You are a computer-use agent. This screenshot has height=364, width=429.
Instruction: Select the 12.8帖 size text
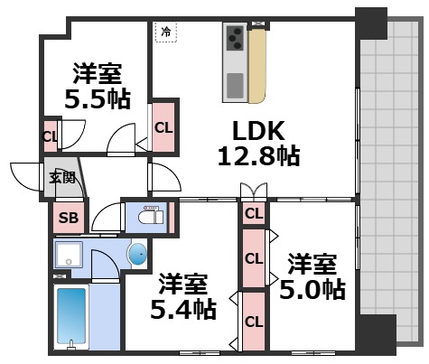(x=257, y=155)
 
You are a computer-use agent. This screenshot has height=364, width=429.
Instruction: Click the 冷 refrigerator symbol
(x=165, y=32)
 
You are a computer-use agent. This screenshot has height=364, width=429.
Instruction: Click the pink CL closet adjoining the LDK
(x=163, y=127)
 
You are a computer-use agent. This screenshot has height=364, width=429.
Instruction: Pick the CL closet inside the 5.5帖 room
(x=50, y=137)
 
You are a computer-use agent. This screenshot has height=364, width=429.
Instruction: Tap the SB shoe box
(x=67, y=217)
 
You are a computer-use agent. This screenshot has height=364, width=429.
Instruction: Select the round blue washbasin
(x=136, y=256)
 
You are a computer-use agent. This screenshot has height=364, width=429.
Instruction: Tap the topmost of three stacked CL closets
(x=254, y=214)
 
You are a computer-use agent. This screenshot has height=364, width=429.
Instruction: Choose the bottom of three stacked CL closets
(x=254, y=321)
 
